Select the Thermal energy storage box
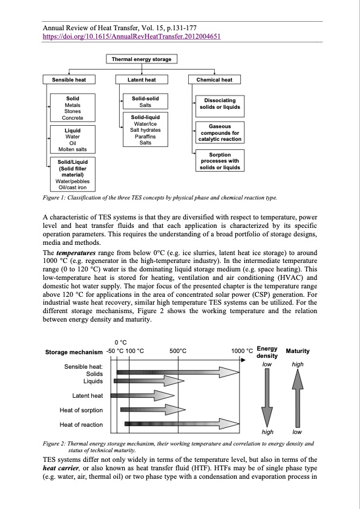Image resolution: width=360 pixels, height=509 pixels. point(142,59)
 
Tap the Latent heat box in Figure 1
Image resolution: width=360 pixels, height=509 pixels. point(142,80)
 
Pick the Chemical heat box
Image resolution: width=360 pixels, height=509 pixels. point(215,80)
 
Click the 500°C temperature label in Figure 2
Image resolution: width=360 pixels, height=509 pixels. point(178,351)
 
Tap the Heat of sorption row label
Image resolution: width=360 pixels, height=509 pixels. point(82,410)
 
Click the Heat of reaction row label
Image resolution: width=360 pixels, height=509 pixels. point(82,426)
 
